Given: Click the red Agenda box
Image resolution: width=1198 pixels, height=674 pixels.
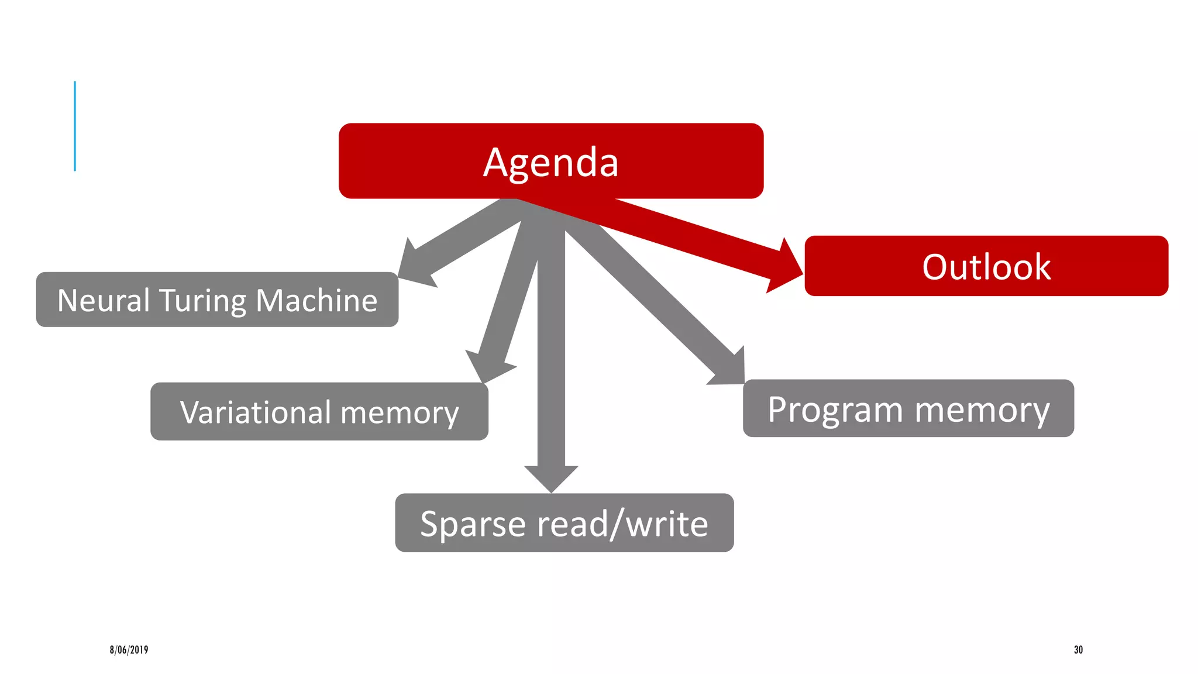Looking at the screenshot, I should (x=550, y=161).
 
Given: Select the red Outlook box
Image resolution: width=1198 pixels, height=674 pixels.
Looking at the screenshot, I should (x=986, y=266).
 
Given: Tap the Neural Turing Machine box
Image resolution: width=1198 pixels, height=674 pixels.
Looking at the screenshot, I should (x=217, y=300).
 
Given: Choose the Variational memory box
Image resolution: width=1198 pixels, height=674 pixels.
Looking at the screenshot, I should (x=319, y=411).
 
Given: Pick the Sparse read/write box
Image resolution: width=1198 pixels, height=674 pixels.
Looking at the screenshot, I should (x=564, y=522).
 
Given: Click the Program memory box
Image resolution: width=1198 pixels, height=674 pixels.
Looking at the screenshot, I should (x=908, y=408).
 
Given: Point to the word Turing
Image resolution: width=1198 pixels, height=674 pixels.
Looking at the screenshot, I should (x=202, y=301).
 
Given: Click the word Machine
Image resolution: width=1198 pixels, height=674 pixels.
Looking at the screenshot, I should (x=316, y=301).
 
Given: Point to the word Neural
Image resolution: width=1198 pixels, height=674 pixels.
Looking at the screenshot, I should (x=104, y=301).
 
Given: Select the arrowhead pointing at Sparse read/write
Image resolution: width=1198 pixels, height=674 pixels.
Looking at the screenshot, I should (x=551, y=477).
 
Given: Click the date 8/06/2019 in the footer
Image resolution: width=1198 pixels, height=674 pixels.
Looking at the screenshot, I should (x=129, y=649).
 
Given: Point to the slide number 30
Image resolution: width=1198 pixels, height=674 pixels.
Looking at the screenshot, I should (x=1078, y=649).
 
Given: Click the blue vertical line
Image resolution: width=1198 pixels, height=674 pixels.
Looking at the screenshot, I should (x=75, y=126).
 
